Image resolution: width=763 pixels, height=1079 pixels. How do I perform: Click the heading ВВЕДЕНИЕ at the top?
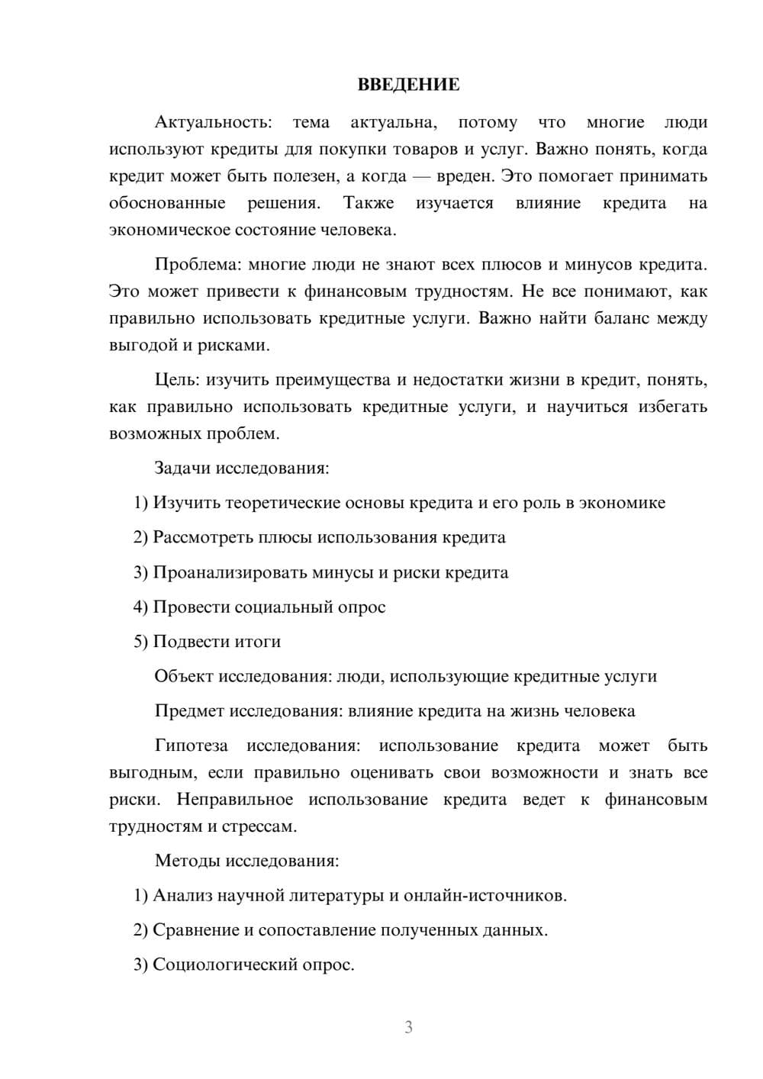coord(408,85)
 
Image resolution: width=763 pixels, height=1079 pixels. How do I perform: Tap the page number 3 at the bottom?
coord(408,1027)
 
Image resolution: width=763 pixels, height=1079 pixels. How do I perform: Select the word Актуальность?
coord(212,122)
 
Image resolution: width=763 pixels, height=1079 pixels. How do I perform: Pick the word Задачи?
coord(182,468)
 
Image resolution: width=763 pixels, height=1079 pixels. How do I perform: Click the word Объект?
coord(184,676)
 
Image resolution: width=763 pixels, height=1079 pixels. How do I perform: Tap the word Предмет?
coord(190,711)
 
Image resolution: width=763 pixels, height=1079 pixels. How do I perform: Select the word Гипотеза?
coord(192,746)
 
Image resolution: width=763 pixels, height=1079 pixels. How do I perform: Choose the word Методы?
coord(188,861)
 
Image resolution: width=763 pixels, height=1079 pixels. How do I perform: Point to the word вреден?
coord(465,176)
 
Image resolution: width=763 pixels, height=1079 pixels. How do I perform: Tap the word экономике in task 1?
coord(622,503)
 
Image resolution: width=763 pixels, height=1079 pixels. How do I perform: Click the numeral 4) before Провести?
coord(140,607)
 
